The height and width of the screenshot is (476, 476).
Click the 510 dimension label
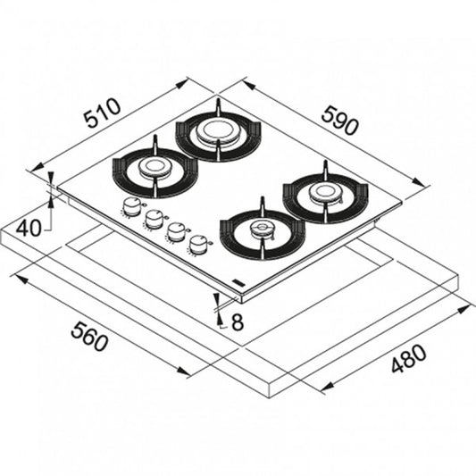pyautogui.click(x=103, y=112)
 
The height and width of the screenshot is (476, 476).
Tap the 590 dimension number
pyautogui.click(x=339, y=121)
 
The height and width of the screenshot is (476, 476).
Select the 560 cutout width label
pyautogui.click(x=89, y=337)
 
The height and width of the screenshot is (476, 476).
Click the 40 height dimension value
pyautogui.click(x=29, y=228)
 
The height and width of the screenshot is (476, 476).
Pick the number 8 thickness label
pyautogui.click(x=238, y=322)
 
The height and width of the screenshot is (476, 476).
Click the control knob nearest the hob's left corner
pyautogui.click(x=131, y=206)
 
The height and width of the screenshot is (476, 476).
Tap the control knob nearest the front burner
pyautogui.click(x=198, y=245)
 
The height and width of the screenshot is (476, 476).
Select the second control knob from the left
pyautogui.click(x=154, y=219)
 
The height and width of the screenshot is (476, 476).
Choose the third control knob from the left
pyautogui.click(x=177, y=232)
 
